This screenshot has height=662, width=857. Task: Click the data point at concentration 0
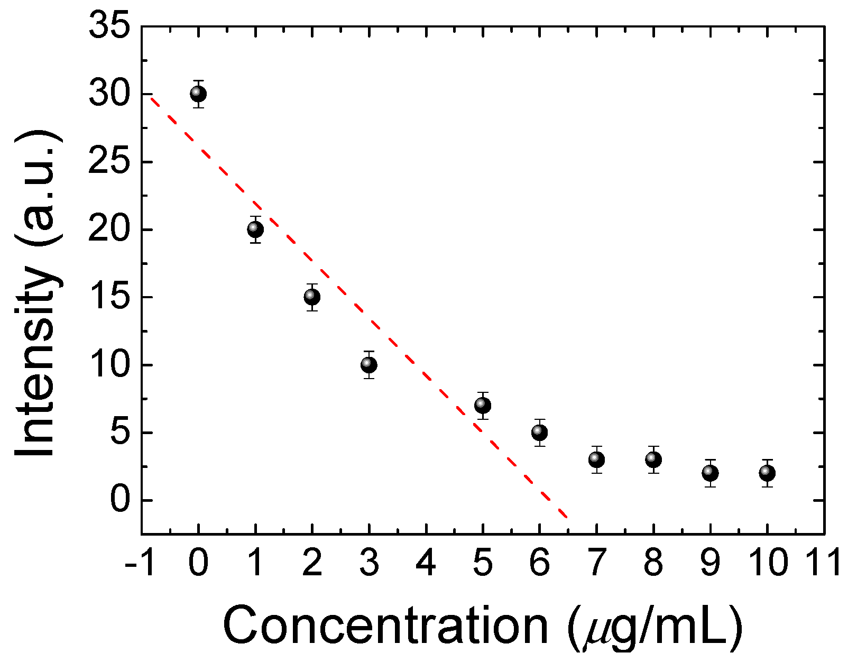tap(198, 94)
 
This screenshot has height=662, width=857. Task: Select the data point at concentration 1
tap(255, 229)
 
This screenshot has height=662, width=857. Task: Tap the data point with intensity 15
tap(312, 297)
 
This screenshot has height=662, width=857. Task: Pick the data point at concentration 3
tap(369, 365)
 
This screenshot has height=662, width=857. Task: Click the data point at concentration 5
tap(483, 406)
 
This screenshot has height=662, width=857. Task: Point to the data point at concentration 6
tap(539, 433)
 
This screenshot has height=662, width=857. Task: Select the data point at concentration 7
tap(596, 459)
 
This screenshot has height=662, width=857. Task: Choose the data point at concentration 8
tap(653, 459)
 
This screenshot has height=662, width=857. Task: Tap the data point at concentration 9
tap(710, 473)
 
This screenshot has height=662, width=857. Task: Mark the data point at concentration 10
tap(767, 473)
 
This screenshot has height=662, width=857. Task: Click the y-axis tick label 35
tap(109, 26)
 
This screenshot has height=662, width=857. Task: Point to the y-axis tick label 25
tap(109, 162)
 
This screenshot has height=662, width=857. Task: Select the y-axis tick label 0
tap(120, 500)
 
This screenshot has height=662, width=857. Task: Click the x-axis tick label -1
tap(140, 563)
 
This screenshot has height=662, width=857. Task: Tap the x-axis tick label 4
tap(426, 563)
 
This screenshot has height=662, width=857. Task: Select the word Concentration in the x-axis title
tap(386, 626)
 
